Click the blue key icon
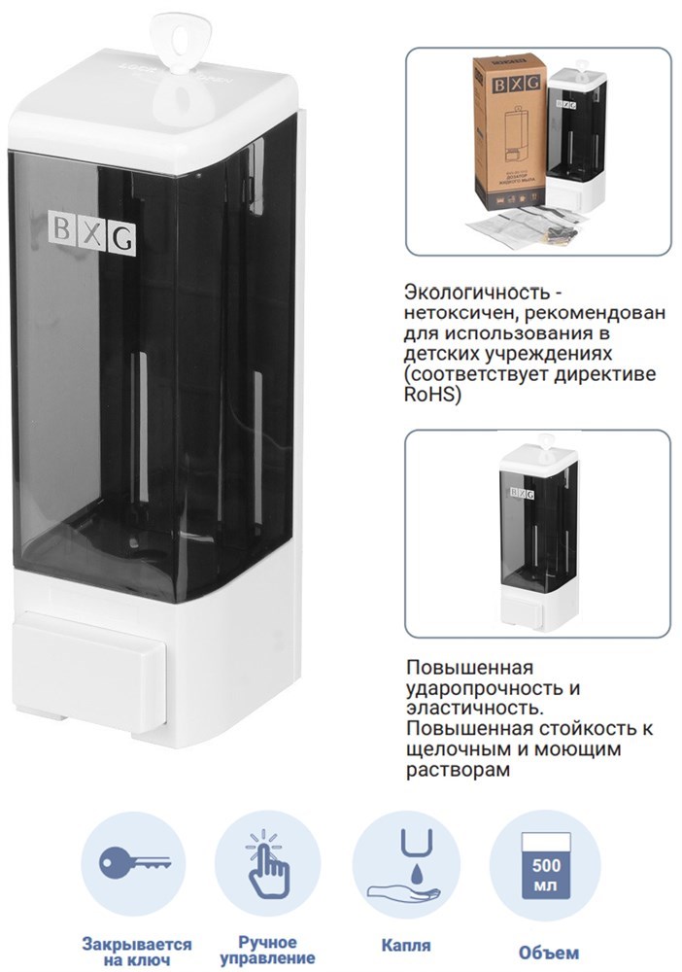(x=134, y=863)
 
